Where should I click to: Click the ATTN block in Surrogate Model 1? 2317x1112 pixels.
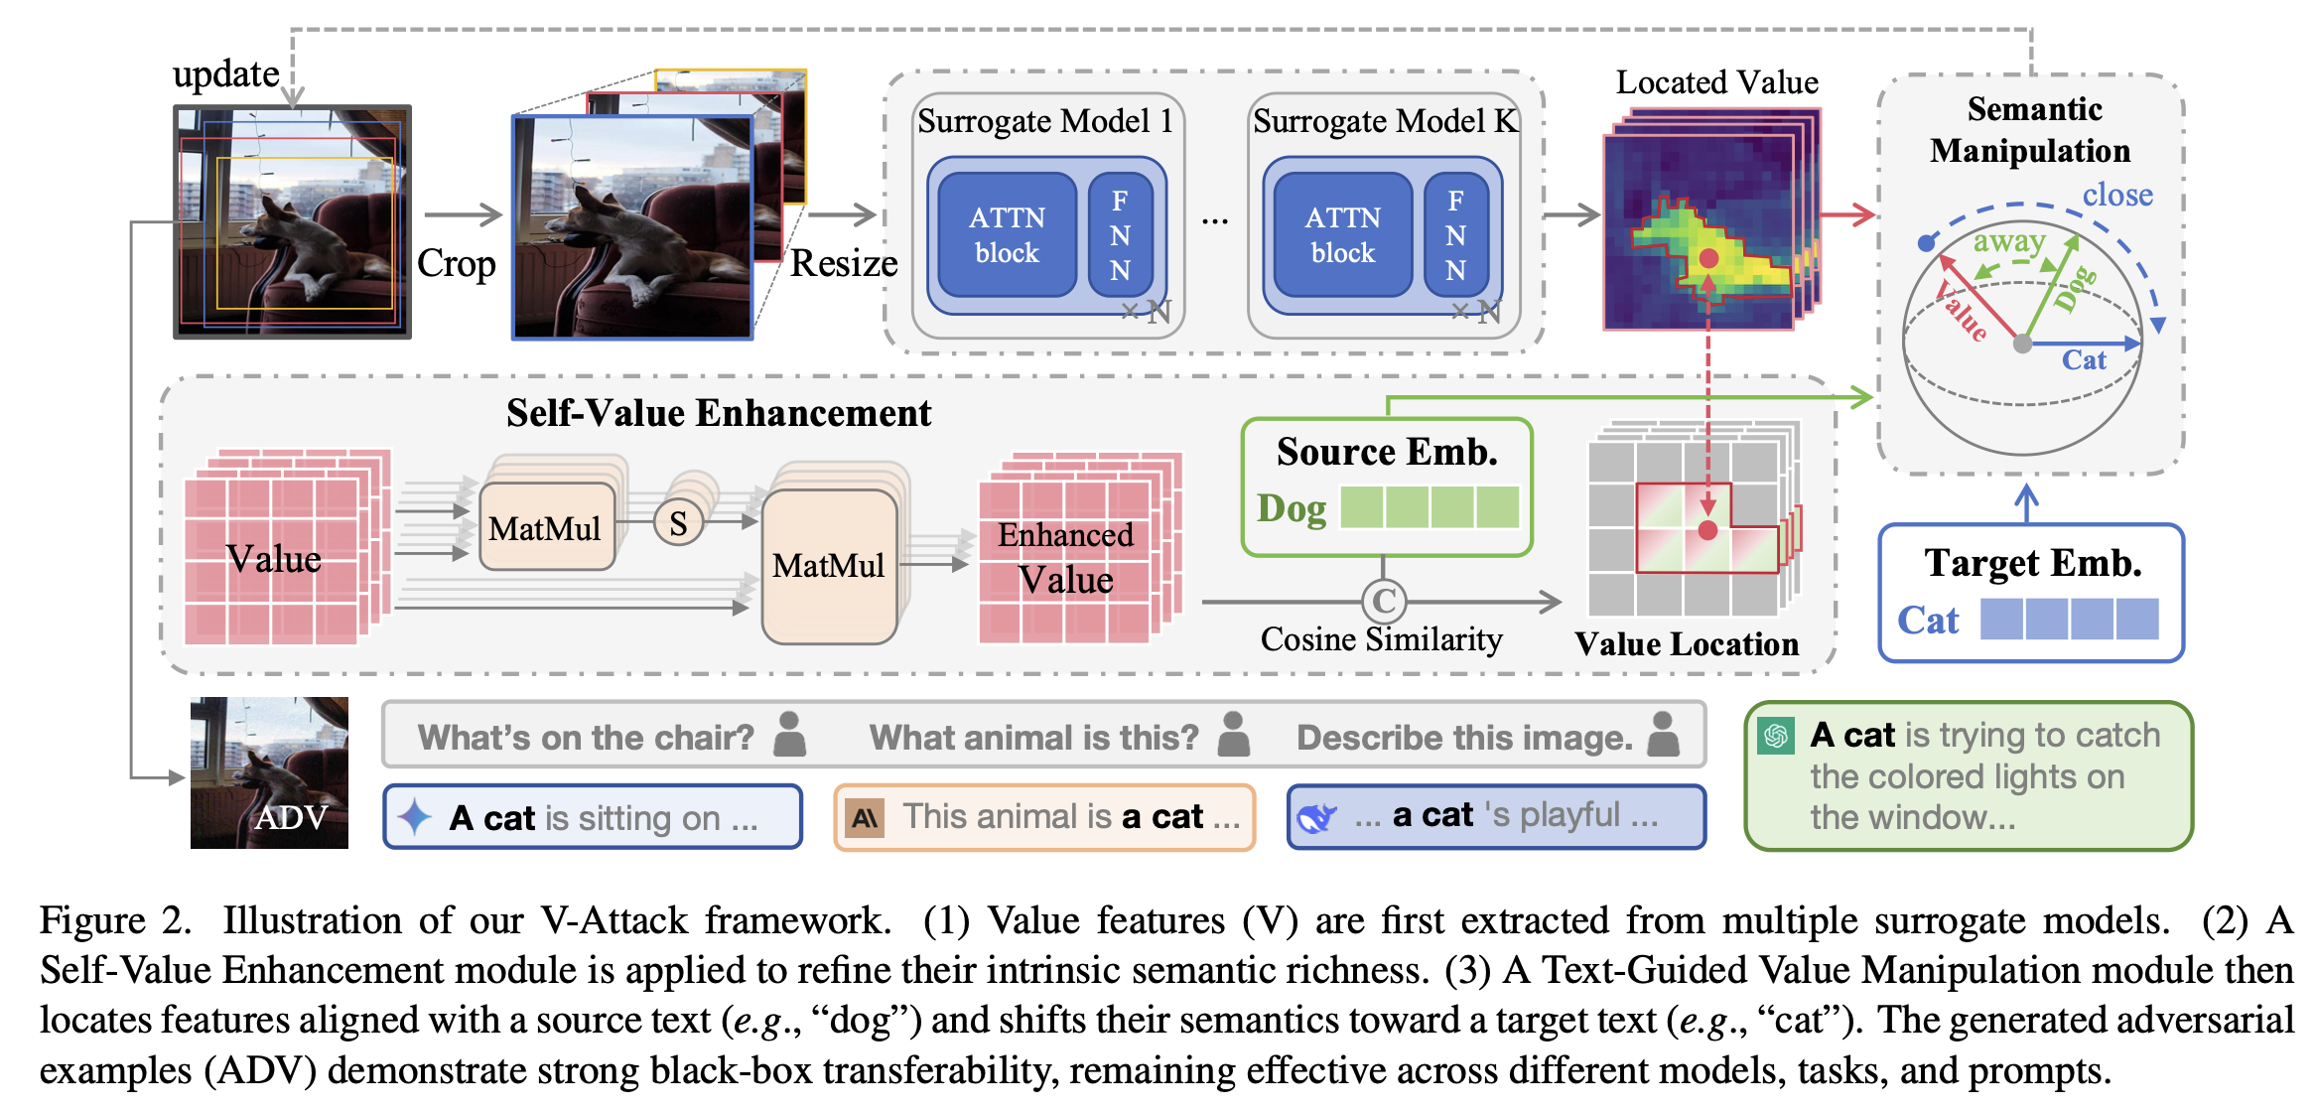pos(1007,235)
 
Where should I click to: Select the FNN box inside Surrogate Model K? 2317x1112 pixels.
pos(1455,235)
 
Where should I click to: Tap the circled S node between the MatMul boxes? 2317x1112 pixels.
pos(678,523)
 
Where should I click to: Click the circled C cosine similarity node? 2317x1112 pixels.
pos(1384,601)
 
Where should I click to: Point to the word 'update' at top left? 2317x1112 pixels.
pos(226,74)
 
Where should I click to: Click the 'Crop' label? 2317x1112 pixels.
pos(456,264)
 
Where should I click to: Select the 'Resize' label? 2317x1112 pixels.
pos(844,264)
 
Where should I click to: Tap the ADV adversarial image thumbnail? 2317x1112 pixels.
pos(269,772)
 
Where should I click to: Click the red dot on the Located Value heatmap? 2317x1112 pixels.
pos(1708,258)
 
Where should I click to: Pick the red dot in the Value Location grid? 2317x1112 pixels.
pos(1707,530)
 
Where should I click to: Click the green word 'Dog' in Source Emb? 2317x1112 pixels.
pos(1292,508)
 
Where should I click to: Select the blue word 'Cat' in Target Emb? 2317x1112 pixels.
pos(1928,621)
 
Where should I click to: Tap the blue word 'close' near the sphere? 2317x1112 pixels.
pos(2117,195)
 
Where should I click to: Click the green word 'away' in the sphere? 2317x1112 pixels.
pos(2008,241)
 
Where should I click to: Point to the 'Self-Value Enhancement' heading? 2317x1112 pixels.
pos(719,413)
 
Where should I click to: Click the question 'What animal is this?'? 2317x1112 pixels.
pos(1034,738)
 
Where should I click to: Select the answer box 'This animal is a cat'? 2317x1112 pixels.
pos(1044,817)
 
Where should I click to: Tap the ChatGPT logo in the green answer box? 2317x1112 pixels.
pos(1776,736)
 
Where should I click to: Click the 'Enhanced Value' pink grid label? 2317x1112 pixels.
pos(1066,557)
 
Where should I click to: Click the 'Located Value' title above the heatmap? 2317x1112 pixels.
pos(1717,82)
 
